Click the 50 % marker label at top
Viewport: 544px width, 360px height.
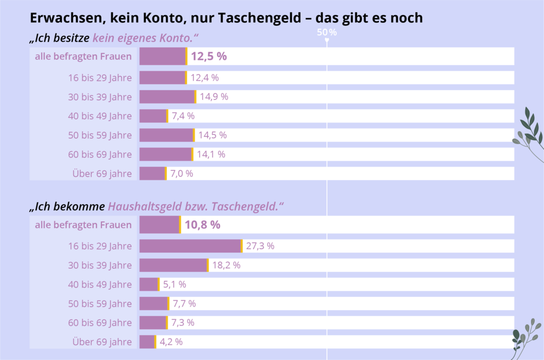coord(327,32)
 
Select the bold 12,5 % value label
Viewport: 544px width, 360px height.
coord(208,56)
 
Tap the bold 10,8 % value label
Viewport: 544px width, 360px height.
coord(202,224)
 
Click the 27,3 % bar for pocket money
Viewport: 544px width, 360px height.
coord(190,246)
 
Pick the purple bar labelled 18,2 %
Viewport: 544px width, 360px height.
coord(173,265)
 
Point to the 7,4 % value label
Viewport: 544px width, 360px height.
coord(183,116)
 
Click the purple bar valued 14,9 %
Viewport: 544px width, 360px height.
coord(167,97)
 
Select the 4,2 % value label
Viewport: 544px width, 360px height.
coord(171,341)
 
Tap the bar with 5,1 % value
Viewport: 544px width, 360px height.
coord(149,284)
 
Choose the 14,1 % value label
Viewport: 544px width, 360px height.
coord(211,154)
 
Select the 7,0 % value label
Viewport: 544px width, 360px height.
coord(182,173)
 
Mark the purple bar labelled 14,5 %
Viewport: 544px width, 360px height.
coord(166,135)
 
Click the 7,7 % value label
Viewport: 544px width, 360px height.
coord(184,303)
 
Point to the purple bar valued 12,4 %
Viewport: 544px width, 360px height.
coord(162,77)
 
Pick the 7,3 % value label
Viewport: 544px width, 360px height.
coord(183,323)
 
